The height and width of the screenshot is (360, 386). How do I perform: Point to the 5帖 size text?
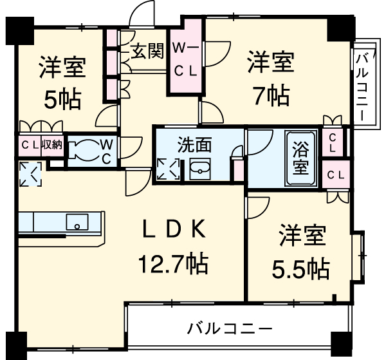coord(62,98)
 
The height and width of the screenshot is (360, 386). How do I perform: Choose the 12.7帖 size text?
coord(172,262)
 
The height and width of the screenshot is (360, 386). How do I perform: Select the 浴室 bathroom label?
coord(300,158)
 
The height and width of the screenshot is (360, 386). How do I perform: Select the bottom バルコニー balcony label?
coord(230,328)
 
